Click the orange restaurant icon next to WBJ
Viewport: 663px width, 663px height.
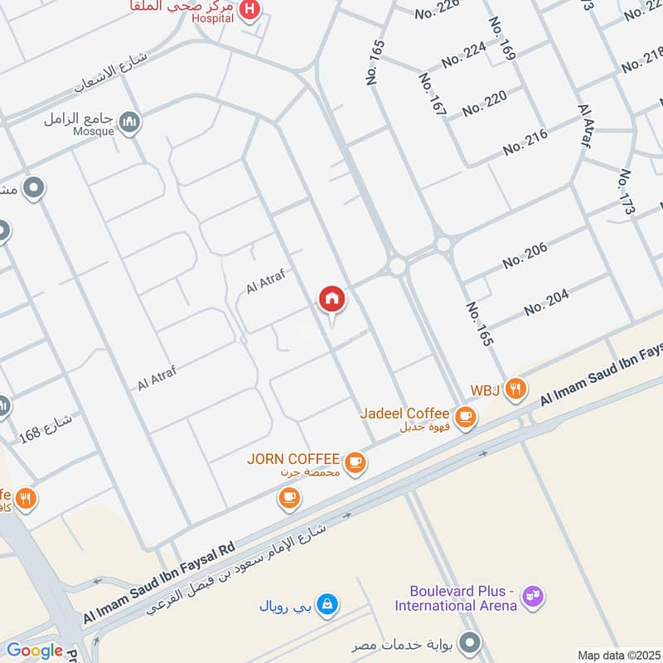pos(516,388)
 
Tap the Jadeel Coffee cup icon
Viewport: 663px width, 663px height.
pos(466,416)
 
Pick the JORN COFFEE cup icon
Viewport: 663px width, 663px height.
pos(356,462)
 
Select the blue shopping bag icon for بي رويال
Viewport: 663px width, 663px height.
pos(328,603)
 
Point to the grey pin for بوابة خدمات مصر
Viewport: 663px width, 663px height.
pos(471,643)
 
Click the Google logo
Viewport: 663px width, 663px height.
pos(35,651)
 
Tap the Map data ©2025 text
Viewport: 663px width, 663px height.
pos(620,655)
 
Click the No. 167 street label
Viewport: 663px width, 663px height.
pos(433,94)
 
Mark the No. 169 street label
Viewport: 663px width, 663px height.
pos(502,39)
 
